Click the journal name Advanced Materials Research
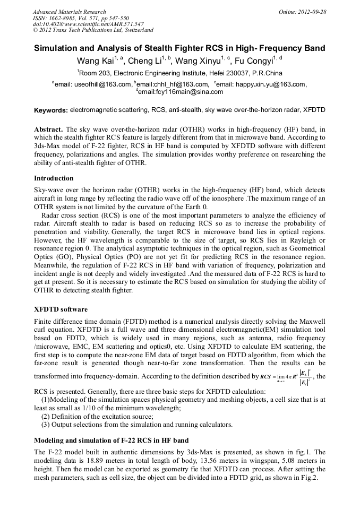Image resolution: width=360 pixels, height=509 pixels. pyautogui.click(x=69, y=11)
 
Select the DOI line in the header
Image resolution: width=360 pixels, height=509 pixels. pyautogui.click(x=88, y=24)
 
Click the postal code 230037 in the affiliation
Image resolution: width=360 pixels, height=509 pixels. pyautogui.click(x=227, y=73)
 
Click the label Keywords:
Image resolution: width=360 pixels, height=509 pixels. pyautogui.click(x=50, y=110)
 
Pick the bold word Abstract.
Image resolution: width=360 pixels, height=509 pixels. pyautogui.click(x=48, y=130)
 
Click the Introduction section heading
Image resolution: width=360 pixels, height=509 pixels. pyautogui.click(x=54, y=178)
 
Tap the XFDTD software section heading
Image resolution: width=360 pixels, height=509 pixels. pyautogui.click(x=61, y=309)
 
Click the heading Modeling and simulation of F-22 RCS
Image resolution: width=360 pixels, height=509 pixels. pyautogui.click(x=110, y=441)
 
